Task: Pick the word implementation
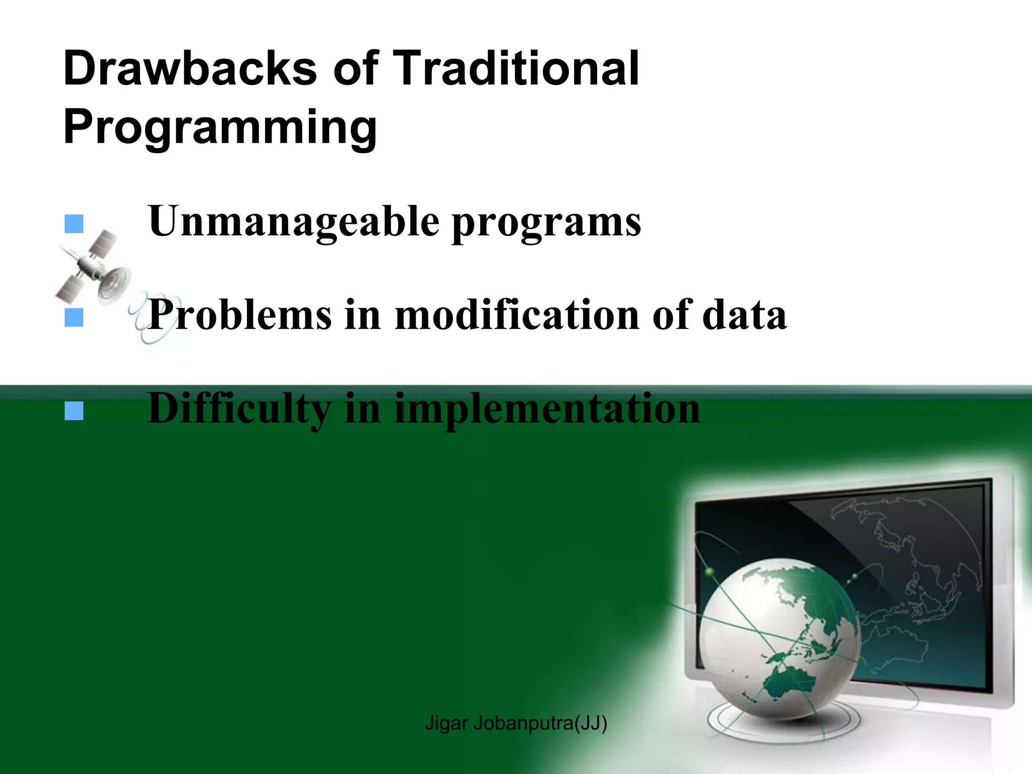pos(547,409)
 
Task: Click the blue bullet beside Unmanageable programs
pos(74,224)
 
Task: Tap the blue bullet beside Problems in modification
pos(74,318)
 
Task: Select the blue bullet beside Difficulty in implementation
pos(74,412)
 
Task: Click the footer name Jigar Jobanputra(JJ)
pos(515,723)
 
